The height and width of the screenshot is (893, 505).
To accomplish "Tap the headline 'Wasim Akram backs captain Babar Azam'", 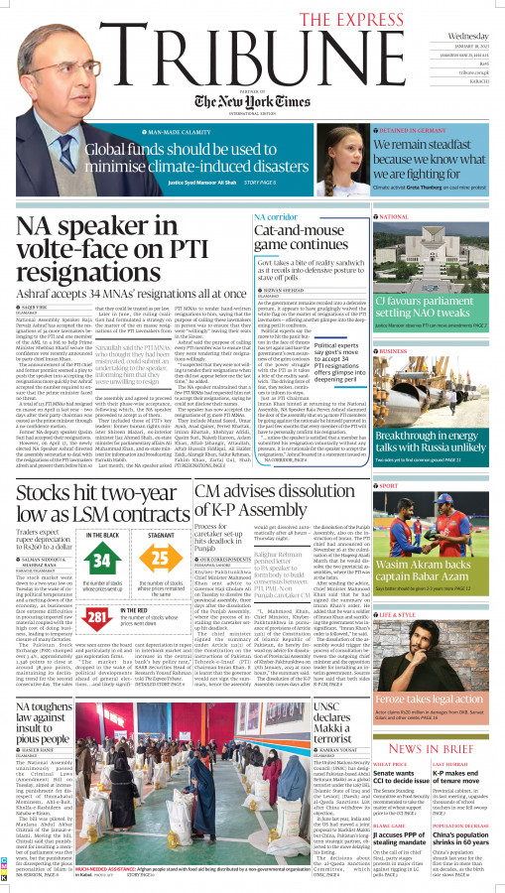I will point(437,580).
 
